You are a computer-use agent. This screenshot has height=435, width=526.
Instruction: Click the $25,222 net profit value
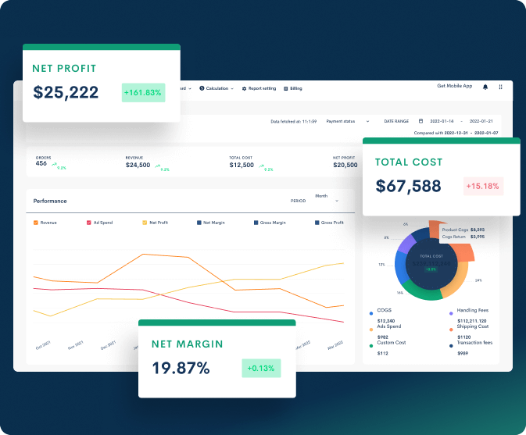tap(66, 93)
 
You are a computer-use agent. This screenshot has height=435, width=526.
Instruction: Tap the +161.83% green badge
tap(142, 93)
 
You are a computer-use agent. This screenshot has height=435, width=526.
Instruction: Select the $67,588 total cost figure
tap(408, 187)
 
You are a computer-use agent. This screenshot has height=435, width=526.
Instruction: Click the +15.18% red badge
tap(482, 187)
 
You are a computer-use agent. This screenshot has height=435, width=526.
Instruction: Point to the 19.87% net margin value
tap(181, 368)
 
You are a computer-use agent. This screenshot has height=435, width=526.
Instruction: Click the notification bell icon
tap(485, 87)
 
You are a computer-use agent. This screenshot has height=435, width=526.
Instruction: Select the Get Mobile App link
tap(454, 86)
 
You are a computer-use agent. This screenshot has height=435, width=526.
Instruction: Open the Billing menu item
tap(293, 88)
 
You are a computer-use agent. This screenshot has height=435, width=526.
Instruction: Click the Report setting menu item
tap(259, 88)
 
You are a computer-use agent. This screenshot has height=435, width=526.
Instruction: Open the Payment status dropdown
tap(348, 121)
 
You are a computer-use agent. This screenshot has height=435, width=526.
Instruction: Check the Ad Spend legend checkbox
tap(89, 223)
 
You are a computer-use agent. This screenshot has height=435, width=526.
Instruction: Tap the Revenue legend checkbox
tap(36, 223)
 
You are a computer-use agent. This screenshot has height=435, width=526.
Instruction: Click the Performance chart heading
tap(50, 201)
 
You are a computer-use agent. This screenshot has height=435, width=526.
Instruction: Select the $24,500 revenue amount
tap(138, 165)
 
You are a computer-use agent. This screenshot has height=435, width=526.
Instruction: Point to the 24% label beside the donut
tap(478, 280)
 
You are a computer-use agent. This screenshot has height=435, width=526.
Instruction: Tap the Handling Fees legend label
tap(473, 311)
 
